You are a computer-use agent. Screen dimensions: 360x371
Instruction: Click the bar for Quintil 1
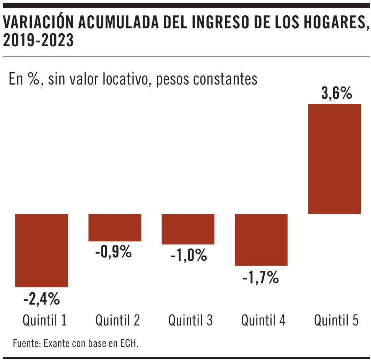(x=42, y=250)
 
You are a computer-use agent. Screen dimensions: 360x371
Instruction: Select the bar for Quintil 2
(x=115, y=227)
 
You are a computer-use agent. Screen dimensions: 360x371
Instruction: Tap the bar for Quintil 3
(x=188, y=229)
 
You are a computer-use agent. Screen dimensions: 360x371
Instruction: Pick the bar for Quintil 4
(x=261, y=239)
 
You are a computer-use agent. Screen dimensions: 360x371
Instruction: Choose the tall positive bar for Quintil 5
(x=334, y=159)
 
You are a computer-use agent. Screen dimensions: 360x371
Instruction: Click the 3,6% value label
(x=337, y=93)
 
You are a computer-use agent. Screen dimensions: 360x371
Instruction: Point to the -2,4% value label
(x=42, y=299)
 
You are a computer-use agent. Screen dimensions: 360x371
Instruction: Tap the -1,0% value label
(x=189, y=255)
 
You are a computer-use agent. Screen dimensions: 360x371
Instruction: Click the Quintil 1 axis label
(x=45, y=320)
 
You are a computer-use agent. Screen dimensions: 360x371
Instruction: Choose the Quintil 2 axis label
(x=118, y=320)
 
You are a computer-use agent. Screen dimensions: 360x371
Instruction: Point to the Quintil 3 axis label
(x=190, y=320)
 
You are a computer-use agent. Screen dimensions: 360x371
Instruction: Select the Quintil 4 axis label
(x=263, y=320)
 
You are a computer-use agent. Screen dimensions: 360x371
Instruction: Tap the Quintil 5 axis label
(x=336, y=320)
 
